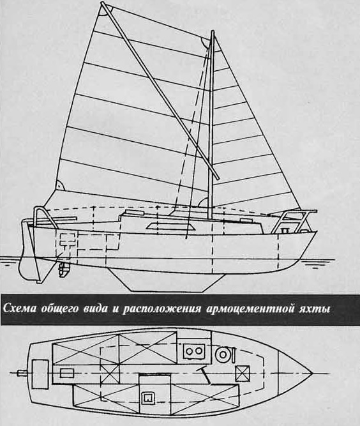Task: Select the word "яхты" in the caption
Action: tap(313, 309)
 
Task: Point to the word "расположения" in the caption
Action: tap(161, 310)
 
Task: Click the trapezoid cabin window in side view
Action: tap(170, 226)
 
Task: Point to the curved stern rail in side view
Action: tap(45, 215)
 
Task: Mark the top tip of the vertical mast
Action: tap(213, 31)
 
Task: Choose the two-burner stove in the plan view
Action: tap(194, 351)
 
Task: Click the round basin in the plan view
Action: tap(223, 354)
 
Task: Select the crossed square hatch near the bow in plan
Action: tap(242, 374)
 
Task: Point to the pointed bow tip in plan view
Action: tap(313, 373)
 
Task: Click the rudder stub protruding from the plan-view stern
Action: tap(22, 373)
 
